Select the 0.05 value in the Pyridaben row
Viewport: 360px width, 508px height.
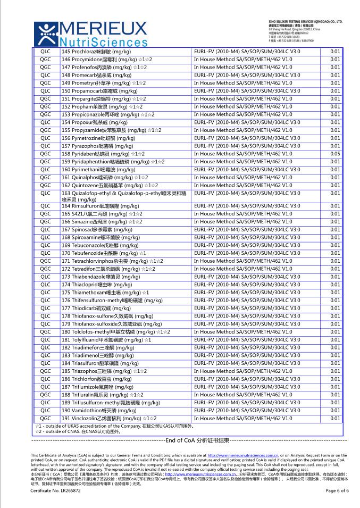tap(334, 154)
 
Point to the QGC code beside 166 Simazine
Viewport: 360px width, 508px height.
tap(45, 221)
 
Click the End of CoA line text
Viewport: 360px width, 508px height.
tap(197, 440)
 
